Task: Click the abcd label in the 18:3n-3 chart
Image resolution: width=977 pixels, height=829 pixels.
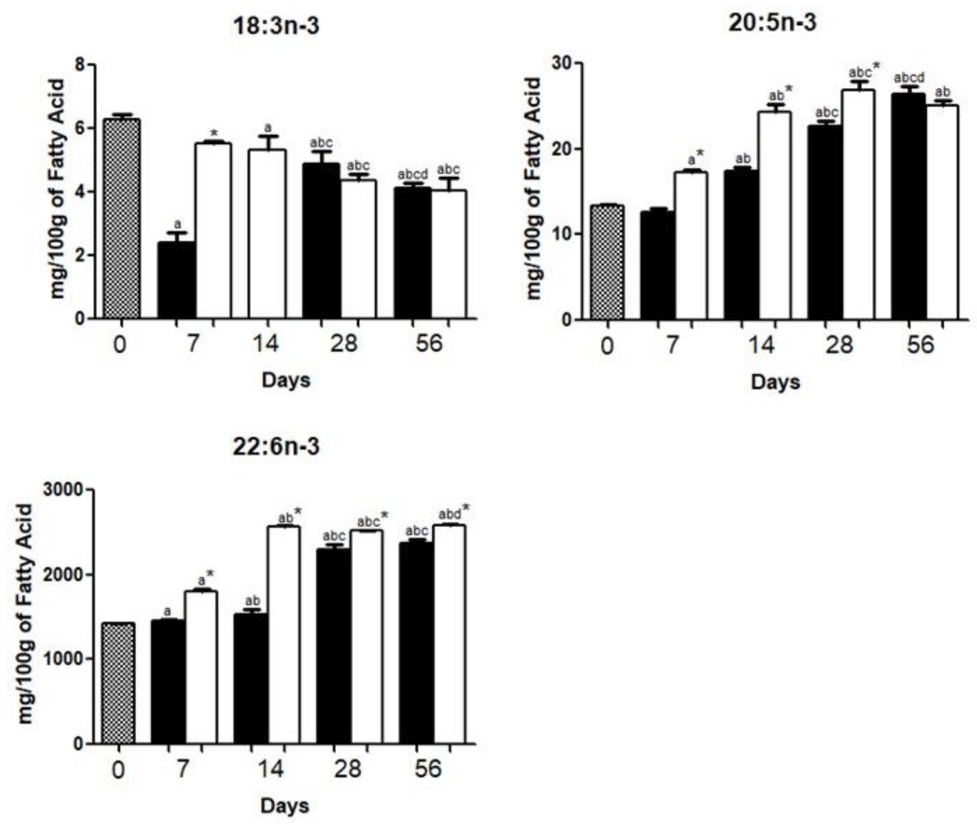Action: (x=413, y=175)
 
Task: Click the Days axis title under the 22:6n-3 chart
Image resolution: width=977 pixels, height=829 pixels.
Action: (x=285, y=806)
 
